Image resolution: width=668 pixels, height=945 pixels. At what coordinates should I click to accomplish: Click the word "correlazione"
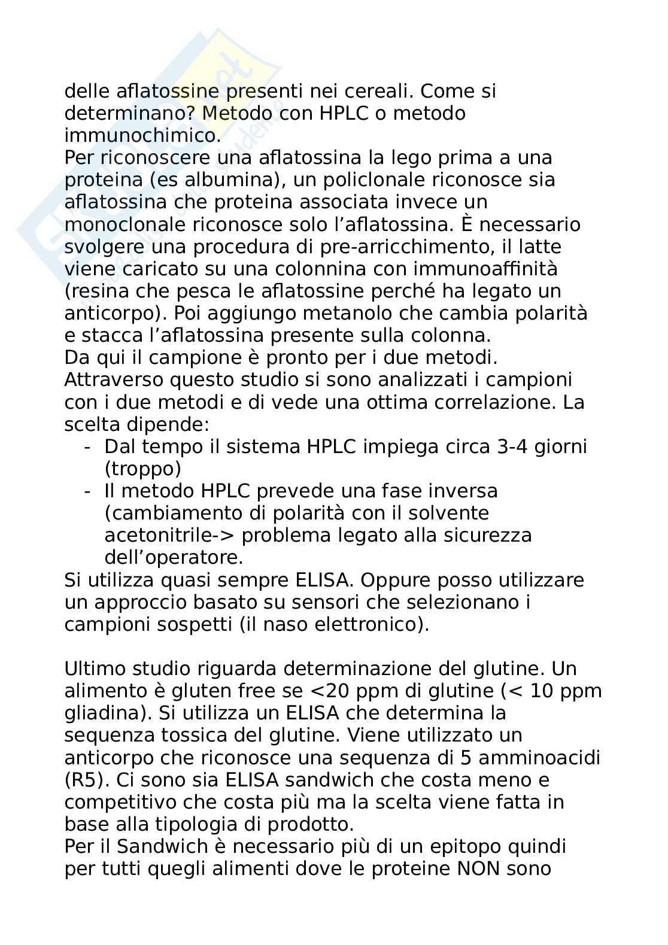pos(487,402)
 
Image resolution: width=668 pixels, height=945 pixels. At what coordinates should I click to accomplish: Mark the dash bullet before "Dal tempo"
pos(88,446)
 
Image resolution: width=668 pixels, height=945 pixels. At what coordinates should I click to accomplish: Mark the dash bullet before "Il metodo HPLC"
pos(88,491)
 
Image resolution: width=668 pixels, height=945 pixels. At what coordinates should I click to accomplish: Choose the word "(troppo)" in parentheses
pos(142,469)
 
